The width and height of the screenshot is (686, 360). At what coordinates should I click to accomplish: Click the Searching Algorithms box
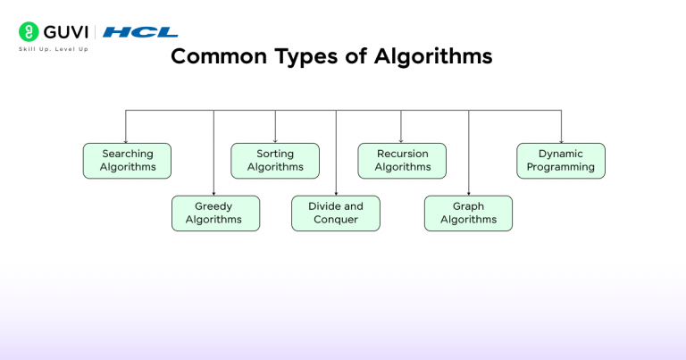click(x=127, y=161)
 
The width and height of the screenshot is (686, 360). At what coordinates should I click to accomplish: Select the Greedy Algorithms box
click(x=215, y=213)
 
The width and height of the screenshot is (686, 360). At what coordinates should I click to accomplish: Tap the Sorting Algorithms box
click(x=275, y=161)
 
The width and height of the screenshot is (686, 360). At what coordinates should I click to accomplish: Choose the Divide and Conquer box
click(x=336, y=213)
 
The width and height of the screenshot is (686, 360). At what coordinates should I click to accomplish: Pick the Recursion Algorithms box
click(x=402, y=161)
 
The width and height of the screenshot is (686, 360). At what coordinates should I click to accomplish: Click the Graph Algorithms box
click(x=468, y=213)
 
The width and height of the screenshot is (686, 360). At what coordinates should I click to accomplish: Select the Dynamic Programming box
click(x=561, y=161)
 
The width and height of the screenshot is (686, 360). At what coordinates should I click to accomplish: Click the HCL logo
click(x=140, y=32)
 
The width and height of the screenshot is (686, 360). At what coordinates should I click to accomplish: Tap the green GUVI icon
click(x=28, y=32)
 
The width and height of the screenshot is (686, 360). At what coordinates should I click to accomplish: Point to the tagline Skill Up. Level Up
click(x=53, y=48)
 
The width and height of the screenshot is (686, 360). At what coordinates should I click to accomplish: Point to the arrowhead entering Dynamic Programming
click(x=561, y=140)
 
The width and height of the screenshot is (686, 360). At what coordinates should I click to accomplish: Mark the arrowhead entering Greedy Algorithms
click(x=213, y=193)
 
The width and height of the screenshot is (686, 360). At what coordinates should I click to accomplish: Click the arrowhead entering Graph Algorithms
click(x=469, y=193)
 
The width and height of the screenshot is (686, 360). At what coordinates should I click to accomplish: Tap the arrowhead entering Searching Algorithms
click(x=126, y=140)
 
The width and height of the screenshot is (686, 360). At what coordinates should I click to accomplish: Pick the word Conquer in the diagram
click(x=336, y=220)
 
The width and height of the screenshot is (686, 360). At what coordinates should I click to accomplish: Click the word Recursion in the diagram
click(x=402, y=155)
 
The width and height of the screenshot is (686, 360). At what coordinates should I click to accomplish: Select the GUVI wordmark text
click(x=63, y=32)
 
